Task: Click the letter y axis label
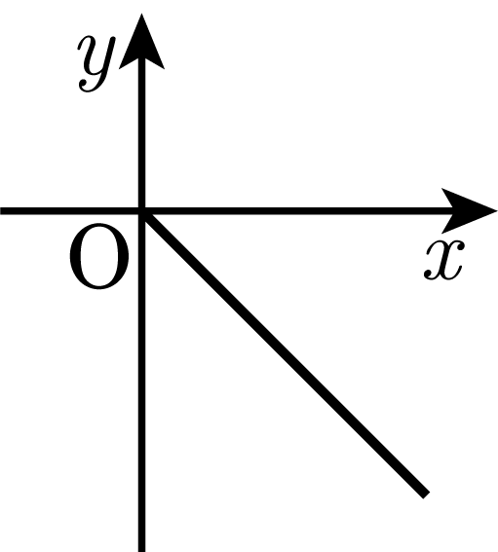pyautogui.click(x=97, y=63)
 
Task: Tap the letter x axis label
pyautogui.click(x=444, y=260)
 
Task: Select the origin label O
pyautogui.click(x=98, y=256)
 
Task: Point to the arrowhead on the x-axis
pyautogui.click(x=469, y=211)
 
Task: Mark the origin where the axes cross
pyautogui.click(x=141, y=211)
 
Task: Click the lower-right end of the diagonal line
pyautogui.click(x=426, y=495)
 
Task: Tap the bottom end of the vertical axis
pyautogui.click(x=141, y=551)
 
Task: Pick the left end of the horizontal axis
pyautogui.click(x=1, y=211)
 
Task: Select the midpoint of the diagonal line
pyautogui.click(x=284, y=353)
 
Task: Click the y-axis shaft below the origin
pyautogui.click(x=141, y=382)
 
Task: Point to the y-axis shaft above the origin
pyautogui.click(x=141, y=137)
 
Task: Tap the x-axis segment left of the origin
pyautogui.click(x=70, y=211)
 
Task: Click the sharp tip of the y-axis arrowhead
pyautogui.click(x=141, y=14)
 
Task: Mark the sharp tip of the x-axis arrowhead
pyautogui.click(x=497, y=211)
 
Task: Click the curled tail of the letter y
pyautogui.click(x=88, y=86)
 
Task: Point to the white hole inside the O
pyautogui.click(x=98, y=256)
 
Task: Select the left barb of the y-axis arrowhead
pyautogui.click(x=122, y=67)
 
